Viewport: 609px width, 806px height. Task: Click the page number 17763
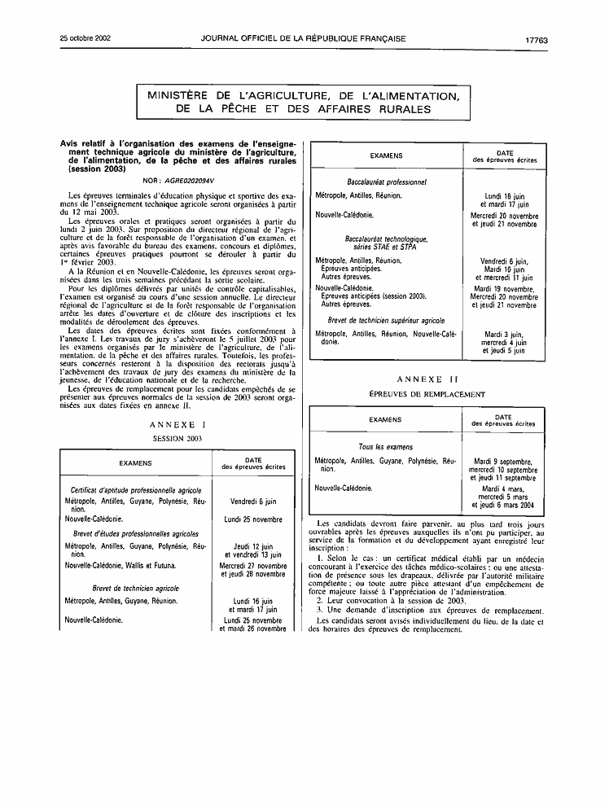[x=536, y=38]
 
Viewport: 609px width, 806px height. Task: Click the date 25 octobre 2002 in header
[x=86, y=38]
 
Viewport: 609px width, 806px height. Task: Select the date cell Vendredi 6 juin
[x=253, y=502]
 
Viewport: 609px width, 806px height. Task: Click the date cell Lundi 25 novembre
[x=253, y=519]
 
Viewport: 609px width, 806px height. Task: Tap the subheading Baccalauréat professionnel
[x=387, y=182]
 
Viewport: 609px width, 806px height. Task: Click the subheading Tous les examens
[x=386, y=447]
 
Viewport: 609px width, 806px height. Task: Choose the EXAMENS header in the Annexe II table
[x=385, y=420]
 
